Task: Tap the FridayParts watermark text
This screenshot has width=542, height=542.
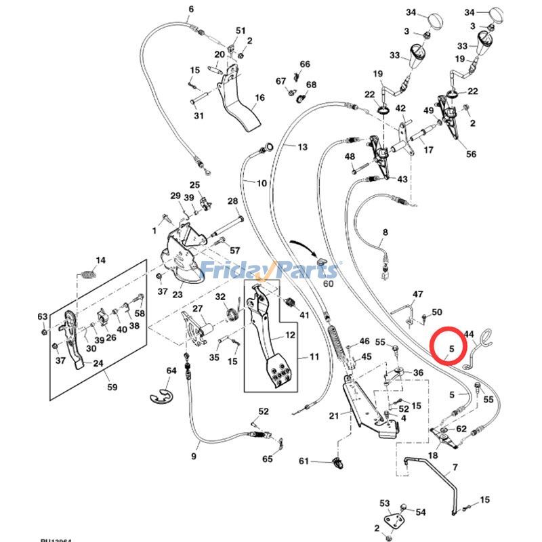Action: (x=270, y=270)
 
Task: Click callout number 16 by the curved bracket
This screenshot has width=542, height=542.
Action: (x=259, y=98)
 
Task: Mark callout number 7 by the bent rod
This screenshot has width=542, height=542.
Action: (x=455, y=467)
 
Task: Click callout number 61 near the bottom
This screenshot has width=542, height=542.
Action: (x=304, y=461)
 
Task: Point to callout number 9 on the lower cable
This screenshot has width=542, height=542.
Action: (x=194, y=456)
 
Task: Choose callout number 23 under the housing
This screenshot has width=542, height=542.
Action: (x=178, y=294)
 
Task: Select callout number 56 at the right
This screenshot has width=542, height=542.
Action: (x=471, y=154)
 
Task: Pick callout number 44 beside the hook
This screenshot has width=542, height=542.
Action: (x=468, y=334)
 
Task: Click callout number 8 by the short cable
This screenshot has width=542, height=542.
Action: (x=385, y=232)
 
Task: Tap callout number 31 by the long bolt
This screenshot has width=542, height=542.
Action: (x=199, y=116)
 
